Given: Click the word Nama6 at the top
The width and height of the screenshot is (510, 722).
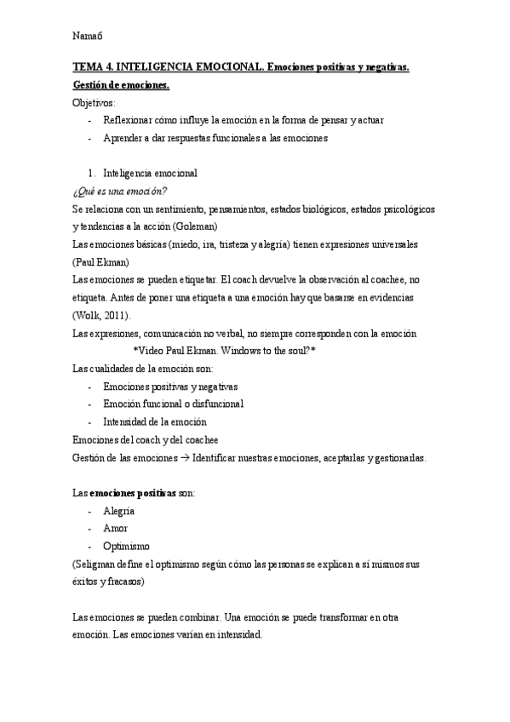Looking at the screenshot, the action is (x=87, y=36).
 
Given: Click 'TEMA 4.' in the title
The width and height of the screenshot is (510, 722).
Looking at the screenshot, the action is (x=93, y=67).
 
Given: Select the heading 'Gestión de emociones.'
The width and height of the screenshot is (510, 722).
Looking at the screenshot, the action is (x=122, y=85).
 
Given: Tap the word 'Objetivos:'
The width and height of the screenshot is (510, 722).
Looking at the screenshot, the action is (x=97, y=103).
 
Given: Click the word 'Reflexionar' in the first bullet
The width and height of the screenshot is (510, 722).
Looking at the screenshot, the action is (x=129, y=120).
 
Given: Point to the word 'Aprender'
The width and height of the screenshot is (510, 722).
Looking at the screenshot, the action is (x=123, y=138).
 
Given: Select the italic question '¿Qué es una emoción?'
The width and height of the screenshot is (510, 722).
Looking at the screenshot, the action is (x=120, y=191).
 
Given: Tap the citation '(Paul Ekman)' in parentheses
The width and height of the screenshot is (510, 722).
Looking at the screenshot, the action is (x=101, y=261).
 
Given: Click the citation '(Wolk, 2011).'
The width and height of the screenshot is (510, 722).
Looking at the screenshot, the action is (x=103, y=315).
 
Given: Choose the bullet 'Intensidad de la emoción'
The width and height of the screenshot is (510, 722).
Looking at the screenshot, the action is (x=154, y=421).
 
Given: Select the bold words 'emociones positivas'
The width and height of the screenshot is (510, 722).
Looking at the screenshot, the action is (x=132, y=493).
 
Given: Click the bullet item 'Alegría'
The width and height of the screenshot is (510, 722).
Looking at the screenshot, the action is (x=118, y=511).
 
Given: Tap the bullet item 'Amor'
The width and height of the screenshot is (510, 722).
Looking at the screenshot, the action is (x=115, y=529).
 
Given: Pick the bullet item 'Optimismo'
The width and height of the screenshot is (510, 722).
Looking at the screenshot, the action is (x=126, y=546).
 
